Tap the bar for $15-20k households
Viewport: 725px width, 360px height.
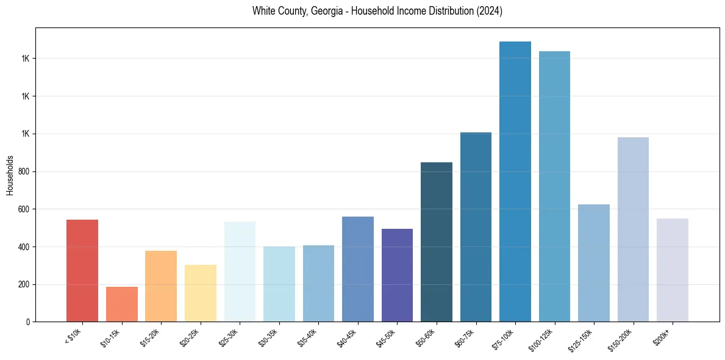pos(161,286)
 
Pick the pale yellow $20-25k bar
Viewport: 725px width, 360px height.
pos(201,293)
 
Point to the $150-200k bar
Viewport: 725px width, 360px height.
pos(633,229)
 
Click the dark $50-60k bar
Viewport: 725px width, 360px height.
pos(437,242)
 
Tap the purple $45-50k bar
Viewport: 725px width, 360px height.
pos(397,275)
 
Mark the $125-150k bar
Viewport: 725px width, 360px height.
pos(594,263)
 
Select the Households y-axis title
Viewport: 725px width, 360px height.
pos(10,175)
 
